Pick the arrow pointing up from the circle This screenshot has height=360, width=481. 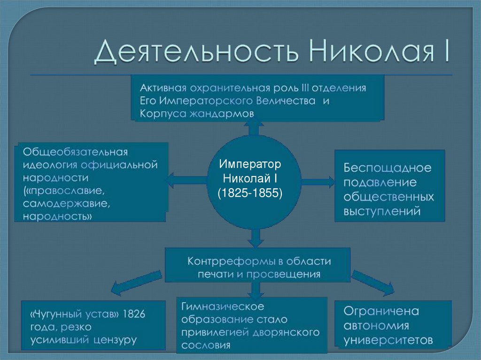[254, 127]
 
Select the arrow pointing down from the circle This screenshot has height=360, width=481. [254, 238]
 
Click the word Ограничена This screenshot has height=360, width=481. [381, 311]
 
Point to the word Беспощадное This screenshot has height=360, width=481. [387, 167]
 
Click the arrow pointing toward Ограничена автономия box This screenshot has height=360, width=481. [373, 283]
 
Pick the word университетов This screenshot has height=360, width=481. [388, 339]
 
